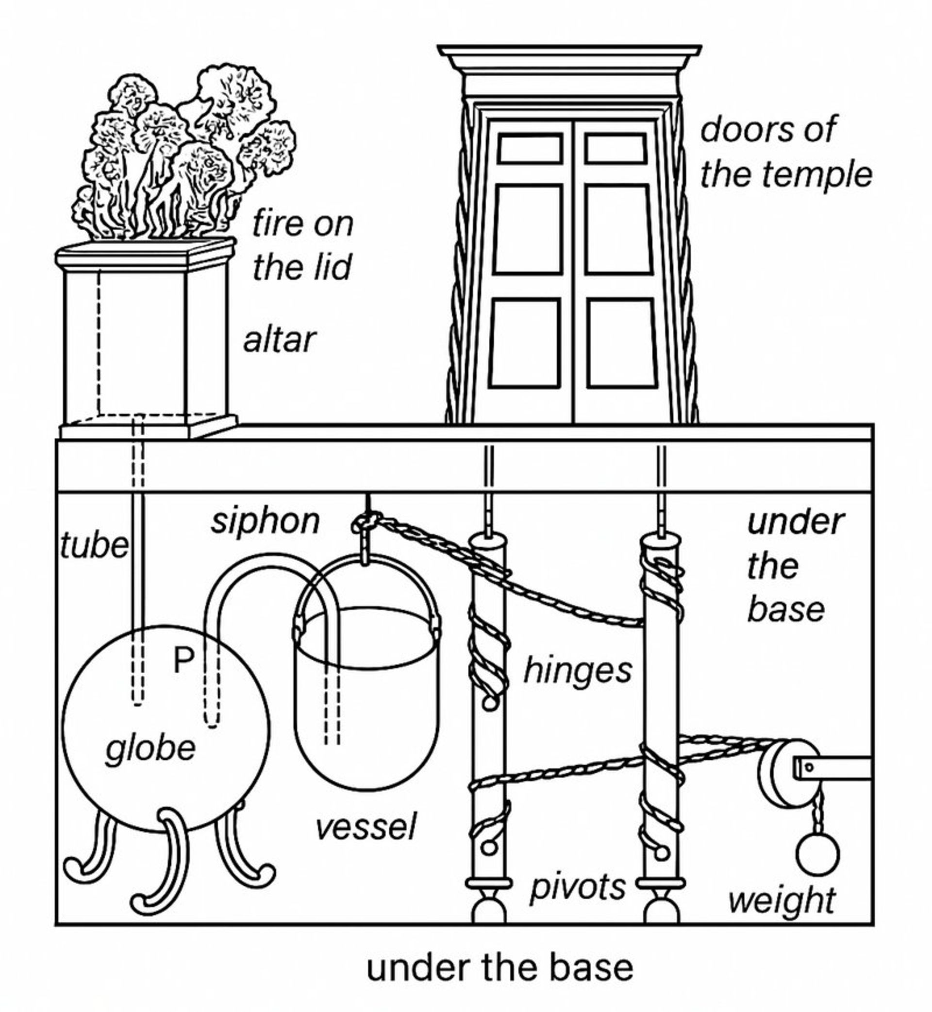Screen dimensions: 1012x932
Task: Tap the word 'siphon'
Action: tap(265, 523)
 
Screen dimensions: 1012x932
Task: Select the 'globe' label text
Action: tap(150, 750)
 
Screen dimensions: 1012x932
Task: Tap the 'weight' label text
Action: tap(782, 901)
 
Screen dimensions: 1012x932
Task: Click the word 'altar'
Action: tap(280, 340)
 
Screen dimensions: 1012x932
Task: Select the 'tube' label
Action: tap(94, 546)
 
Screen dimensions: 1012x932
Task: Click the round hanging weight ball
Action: tap(817, 855)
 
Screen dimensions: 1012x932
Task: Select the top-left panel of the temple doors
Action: tap(530, 149)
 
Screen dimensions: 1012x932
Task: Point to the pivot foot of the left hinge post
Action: tap(488, 909)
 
